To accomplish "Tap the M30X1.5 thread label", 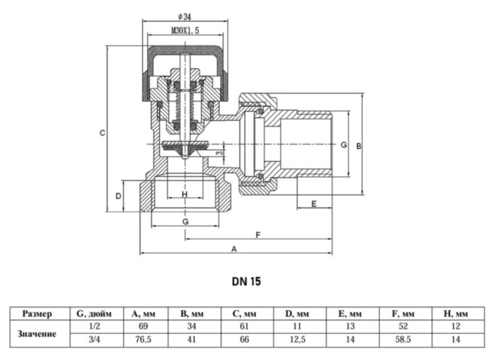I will point(185,31).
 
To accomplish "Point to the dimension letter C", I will point(102,132).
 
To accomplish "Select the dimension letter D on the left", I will point(119,195).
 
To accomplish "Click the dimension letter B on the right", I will point(359,146).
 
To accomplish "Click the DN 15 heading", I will point(246,281).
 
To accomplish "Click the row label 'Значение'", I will point(37,333).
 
